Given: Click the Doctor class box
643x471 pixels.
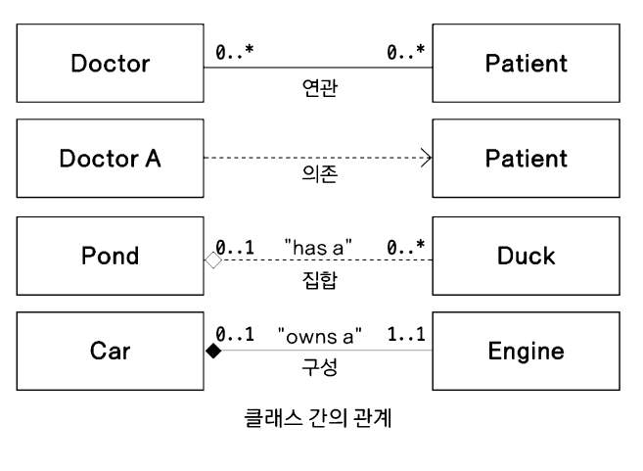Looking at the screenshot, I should pos(111,64).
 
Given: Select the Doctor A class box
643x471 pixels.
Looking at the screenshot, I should pos(111,158).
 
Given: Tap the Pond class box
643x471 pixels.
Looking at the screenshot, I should pos(111,257).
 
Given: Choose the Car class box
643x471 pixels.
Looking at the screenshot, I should pos(111,351).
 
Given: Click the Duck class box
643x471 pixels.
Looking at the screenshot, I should pos(526,257).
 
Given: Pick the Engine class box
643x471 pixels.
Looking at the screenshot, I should pos(526,351).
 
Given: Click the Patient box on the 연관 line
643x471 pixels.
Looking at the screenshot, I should pos(526,64).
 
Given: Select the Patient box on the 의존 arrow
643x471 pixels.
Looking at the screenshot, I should pos(526,158).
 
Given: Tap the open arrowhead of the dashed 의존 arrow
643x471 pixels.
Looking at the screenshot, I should pos(426,157).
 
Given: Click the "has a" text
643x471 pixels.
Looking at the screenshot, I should pos(317,242).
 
